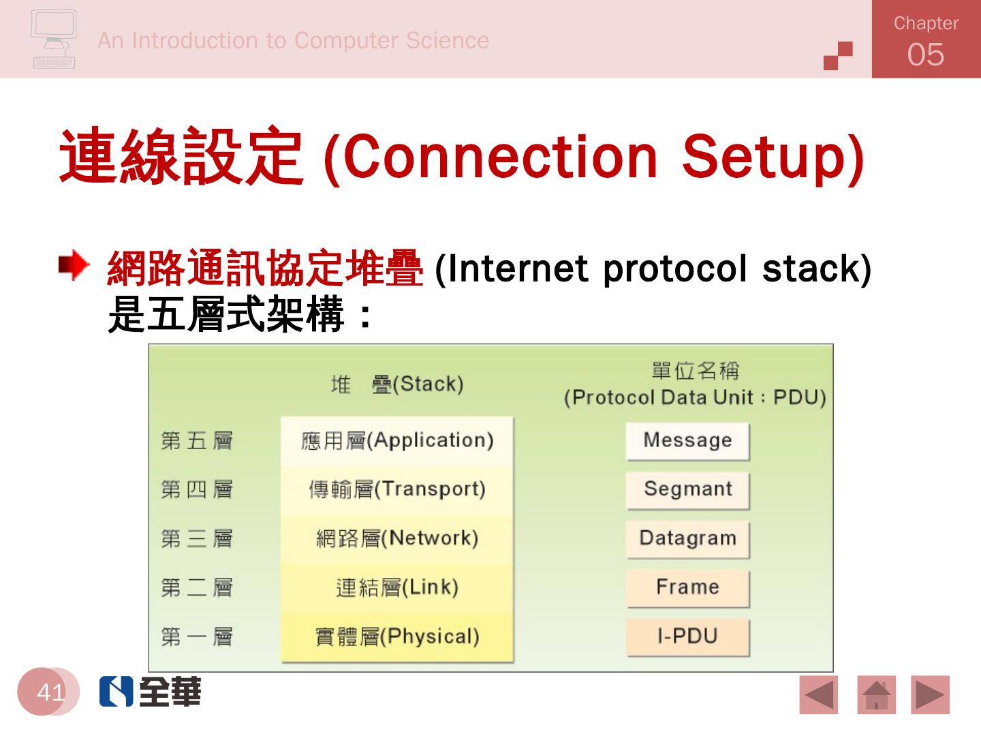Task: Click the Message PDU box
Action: [687, 441]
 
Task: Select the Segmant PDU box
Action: [687, 490]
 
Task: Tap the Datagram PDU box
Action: [687, 539]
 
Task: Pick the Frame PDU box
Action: [687, 588]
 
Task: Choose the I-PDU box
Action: [687, 637]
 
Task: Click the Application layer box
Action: [397, 441]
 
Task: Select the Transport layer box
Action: [397, 490]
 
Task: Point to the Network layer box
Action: [397, 539]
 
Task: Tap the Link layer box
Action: [397, 588]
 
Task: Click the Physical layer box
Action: [397, 637]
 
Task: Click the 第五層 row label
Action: [197, 441]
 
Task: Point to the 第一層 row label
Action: [197, 637]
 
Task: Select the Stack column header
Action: [397, 384]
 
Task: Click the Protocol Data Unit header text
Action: [695, 397]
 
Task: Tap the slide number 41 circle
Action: [49, 692]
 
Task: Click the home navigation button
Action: [876, 695]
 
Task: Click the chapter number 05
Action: [925, 55]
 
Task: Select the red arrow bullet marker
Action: [74, 266]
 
